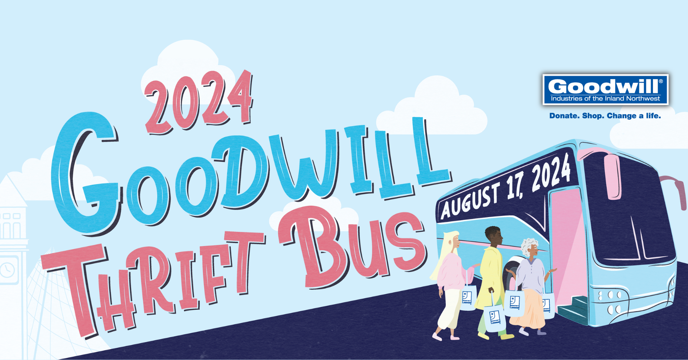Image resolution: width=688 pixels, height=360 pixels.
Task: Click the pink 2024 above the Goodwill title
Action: [199, 102]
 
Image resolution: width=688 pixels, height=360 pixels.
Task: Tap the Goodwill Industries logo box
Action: [606, 90]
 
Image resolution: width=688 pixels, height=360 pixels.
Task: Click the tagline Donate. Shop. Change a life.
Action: [605, 116]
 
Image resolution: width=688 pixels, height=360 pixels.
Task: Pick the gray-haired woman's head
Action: [530, 248]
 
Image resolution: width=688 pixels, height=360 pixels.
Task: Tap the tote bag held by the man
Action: [495, 317]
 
